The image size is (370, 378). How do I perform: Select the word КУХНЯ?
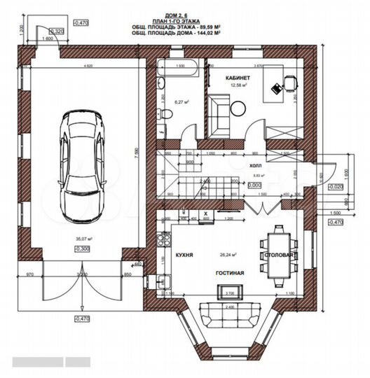click(x=185, y=256)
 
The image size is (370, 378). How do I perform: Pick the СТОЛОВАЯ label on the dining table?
click(x=278, y=256)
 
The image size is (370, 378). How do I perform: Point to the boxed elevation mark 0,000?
click(x=254, y=185)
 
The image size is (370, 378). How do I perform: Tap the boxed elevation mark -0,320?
click(x=59, y=31)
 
